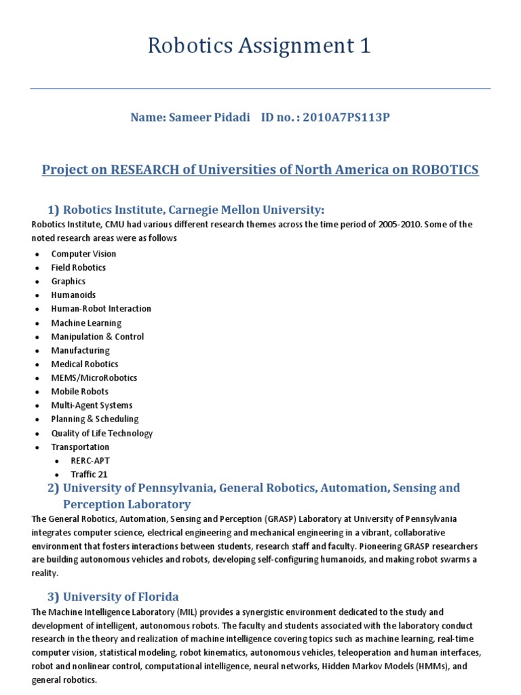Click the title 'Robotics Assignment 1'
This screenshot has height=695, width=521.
(260, 47)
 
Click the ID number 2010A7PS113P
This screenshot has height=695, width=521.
(346, 117)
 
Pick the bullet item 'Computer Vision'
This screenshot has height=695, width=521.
(83, 254)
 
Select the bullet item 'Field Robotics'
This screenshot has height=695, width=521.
(79, 267)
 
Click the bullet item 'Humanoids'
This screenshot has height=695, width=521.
(73, 295)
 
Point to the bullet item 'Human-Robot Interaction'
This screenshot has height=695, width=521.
(101, 309)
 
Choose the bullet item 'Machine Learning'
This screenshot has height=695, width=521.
(86, 323)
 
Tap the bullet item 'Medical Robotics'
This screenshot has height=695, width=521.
(85, 364)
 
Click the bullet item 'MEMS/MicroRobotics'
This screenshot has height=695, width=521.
(94, 378)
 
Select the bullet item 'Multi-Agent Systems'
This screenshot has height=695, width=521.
(92, 405)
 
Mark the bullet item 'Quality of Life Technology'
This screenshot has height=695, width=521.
(102, 433)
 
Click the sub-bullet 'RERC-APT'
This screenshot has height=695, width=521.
(90, 461)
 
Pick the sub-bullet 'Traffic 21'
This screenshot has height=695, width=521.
(89, 474)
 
